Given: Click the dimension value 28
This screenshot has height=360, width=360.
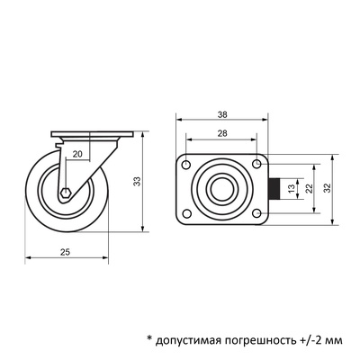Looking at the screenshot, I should (221, 132).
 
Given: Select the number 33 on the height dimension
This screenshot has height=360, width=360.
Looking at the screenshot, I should (138, 182).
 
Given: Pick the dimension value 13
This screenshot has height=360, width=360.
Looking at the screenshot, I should (291, 189).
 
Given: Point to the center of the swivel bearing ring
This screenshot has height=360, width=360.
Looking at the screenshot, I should (221, 189).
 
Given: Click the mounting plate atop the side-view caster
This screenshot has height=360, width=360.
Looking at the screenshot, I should (92, 136).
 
